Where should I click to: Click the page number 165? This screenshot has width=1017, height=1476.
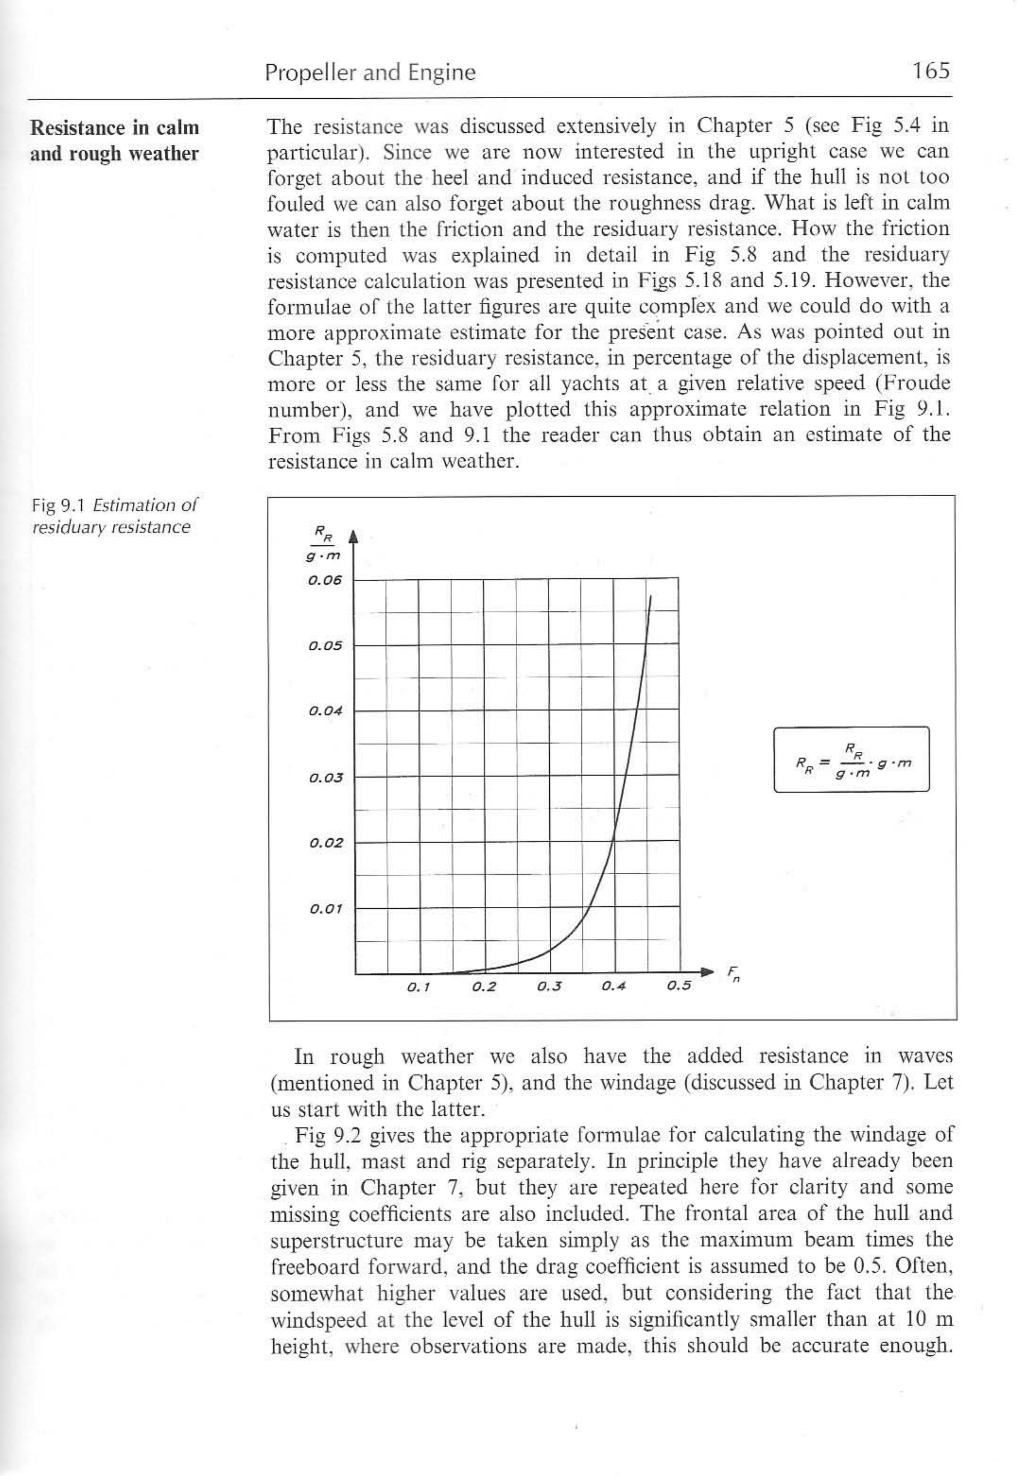click(930, 71)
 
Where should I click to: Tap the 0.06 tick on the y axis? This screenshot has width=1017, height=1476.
click(325, 580)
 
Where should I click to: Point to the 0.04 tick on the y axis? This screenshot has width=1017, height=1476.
click(325, 711)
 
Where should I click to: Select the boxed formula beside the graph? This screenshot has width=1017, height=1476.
click(851, 759)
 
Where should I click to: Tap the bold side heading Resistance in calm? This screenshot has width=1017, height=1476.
click(115, 128)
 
